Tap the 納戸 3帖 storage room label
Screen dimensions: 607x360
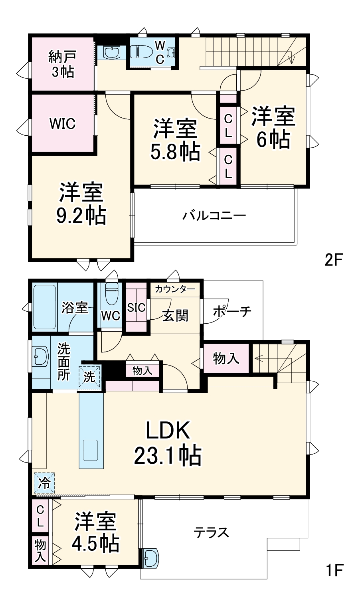[x=62, y=64]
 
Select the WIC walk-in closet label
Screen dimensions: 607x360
[x=62, y=123]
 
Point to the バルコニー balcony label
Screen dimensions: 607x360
[x=214, y=216]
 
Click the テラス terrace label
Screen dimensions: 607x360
[x=211, y=532]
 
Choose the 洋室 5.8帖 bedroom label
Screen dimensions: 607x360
[x=175, y=140]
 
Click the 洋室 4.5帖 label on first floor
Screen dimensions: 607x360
[x=95, y=532]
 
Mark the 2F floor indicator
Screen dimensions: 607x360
[x=334, y=260]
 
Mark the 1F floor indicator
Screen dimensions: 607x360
[x=334, y=571]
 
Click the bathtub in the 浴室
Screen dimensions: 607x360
[x=44, y=307]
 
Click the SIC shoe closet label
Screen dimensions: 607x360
[x=136, y=307]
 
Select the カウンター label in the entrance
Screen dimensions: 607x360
[x=175, y=289]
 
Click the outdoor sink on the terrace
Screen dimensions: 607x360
[x=151, y=557]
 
